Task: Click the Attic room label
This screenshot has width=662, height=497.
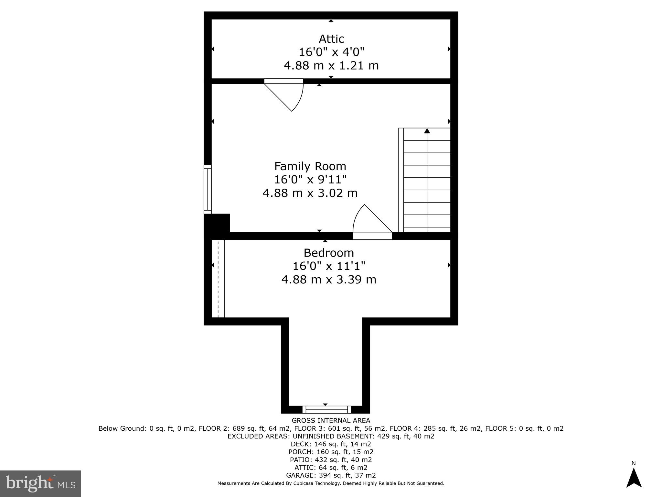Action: [331, 39]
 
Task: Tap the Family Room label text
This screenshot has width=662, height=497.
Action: [310, 166]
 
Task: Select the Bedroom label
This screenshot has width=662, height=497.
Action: [329, 253]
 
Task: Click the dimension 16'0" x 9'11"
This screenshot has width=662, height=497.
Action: [310, 180]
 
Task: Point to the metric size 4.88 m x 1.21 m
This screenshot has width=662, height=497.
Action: [331, 66]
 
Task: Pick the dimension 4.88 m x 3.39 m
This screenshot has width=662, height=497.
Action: [329, 280]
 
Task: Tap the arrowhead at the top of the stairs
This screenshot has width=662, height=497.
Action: [427, 131]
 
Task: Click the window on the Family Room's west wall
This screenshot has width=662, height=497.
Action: [208, 189]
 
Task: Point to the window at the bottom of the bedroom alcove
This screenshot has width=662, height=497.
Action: [326, 410]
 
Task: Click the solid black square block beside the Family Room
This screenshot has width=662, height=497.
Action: [217, 223]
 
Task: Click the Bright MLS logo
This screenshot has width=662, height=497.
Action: [40, 483]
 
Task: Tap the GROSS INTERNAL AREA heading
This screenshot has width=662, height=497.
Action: [331, 421]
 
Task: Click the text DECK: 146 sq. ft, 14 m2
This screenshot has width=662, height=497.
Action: [331, 444]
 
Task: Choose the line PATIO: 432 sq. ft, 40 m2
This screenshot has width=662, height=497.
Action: [331, 460]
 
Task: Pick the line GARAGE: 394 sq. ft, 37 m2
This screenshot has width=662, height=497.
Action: [331, 475]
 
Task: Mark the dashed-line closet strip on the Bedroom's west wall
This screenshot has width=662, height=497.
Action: [218, 279]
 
